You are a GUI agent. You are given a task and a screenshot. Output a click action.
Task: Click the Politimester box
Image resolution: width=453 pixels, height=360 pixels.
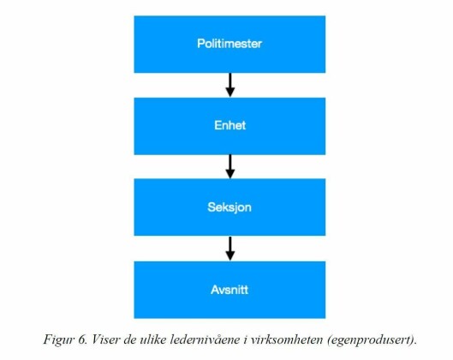tap(229, 45)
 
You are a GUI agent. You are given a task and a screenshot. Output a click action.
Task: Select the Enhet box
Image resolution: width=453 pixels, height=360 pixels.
tap(229, 126)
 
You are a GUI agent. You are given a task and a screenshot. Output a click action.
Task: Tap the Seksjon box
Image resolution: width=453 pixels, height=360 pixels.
tap(229, 207)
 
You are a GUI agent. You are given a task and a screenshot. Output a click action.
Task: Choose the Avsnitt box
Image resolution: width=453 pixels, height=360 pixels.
tap(229, 290)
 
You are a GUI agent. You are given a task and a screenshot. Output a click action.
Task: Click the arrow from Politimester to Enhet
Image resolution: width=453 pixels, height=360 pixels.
tap(230, 85)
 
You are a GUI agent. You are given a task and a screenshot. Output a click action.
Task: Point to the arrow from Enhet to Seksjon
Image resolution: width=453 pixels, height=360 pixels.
tap(230, 166)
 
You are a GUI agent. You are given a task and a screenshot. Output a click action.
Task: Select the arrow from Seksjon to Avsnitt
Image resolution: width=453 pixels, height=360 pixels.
tap(230, 249)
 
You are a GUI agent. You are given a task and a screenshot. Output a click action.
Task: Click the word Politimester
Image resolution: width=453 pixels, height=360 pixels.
tap(229, 44)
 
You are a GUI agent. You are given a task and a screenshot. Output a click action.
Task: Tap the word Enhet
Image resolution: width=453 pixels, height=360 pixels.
tap(230, 125)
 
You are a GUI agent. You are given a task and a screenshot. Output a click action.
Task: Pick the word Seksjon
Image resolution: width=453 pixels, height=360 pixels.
tap(229, 207)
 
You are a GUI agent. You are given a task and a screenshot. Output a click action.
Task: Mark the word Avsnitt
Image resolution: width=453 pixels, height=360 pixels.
tap(229, 290)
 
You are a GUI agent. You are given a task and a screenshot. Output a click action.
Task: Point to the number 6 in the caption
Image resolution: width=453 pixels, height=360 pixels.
tap(81, 339)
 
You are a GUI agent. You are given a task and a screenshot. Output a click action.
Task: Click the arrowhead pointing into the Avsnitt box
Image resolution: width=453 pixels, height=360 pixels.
tap(230, 255)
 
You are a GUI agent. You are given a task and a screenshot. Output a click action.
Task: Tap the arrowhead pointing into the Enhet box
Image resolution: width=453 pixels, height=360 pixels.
tap(230, 92)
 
